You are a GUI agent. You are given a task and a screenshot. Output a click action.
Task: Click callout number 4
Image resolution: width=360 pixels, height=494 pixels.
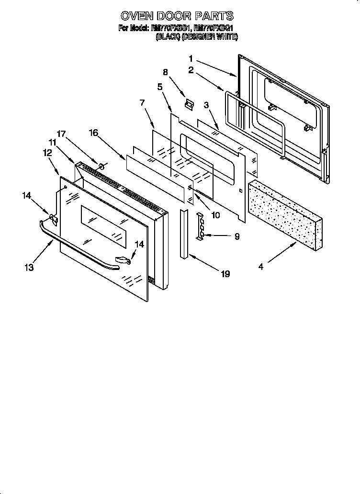coord(261,267)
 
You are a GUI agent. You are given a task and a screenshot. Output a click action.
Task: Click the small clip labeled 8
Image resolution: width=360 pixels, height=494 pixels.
coord(190,104)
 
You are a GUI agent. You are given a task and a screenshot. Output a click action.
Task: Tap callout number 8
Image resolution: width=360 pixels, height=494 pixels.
coord(165,73)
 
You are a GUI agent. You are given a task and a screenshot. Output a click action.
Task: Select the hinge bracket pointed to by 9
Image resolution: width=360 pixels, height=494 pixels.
coord(201,225)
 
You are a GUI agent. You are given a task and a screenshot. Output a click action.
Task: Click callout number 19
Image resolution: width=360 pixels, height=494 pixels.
coord(225,274)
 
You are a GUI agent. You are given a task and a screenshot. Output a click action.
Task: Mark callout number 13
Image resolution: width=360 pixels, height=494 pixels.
coord(30,268)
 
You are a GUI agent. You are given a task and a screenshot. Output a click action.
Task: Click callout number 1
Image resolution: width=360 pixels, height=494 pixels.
coord(191,59)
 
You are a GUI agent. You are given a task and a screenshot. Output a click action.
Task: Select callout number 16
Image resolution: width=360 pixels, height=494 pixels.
coord(93,133)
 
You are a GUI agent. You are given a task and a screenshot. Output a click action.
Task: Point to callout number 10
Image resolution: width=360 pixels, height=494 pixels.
coord(215,215)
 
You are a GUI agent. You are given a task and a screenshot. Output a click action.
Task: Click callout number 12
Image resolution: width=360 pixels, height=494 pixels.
coord(47,152)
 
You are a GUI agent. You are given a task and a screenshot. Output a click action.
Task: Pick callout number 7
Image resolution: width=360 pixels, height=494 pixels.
coord(142,102)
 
